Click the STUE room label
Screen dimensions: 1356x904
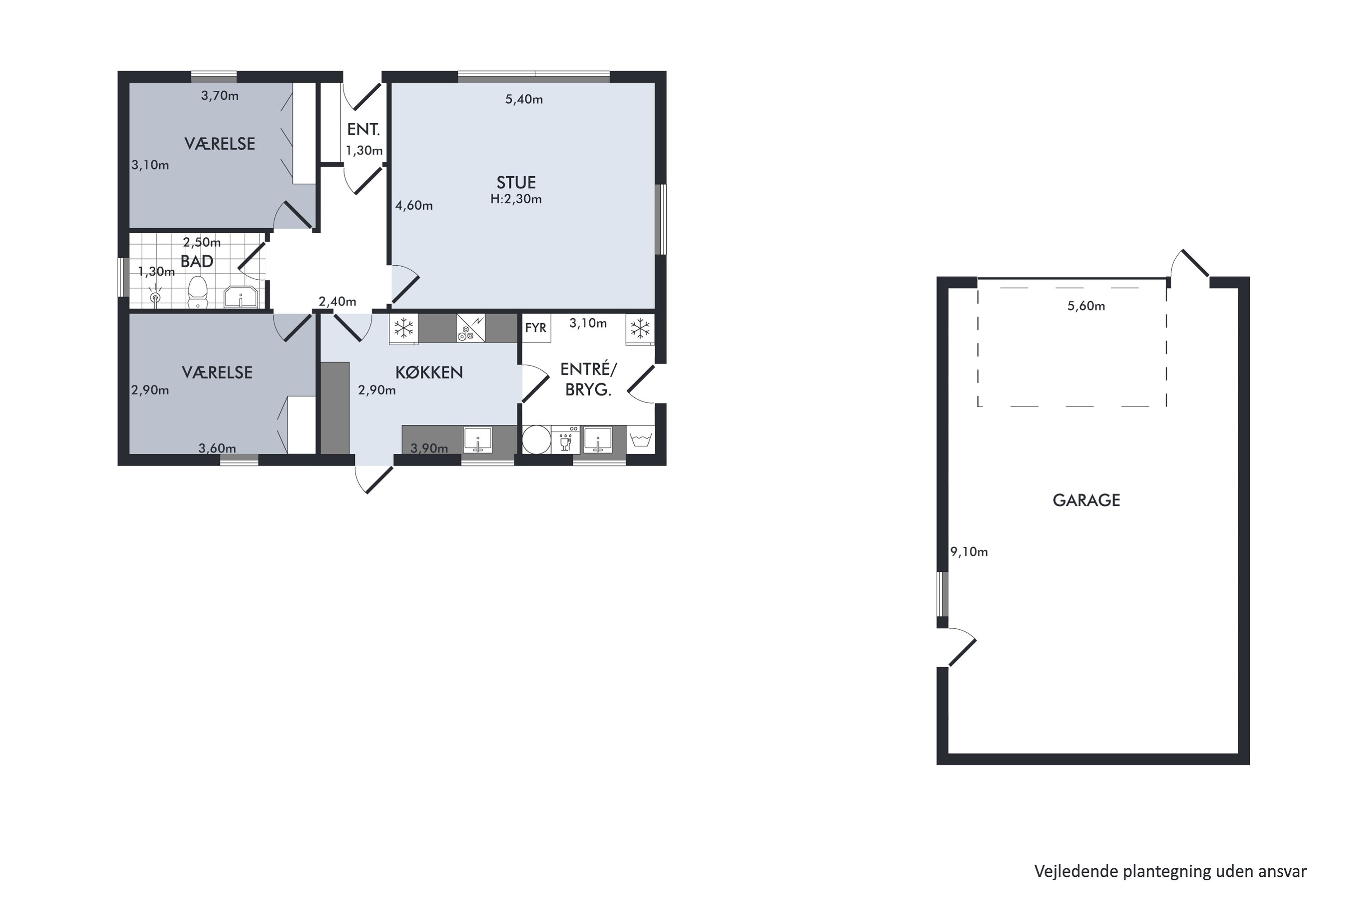point(516,183)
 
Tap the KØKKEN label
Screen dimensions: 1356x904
point(429,372)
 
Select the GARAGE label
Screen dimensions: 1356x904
point(1086,500)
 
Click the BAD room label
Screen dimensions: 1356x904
point(197,261)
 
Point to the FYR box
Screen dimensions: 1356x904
point(536,328)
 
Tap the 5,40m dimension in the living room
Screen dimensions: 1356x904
point(524,99)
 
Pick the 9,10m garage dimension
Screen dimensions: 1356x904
point(969,552)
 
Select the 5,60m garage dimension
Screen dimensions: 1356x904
point(1086,306)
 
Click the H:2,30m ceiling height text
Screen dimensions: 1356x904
point(516,199)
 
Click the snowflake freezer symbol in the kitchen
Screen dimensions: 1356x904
point(404,329)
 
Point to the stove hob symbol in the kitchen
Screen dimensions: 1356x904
point(471,328)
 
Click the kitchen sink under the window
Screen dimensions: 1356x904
point(478,439)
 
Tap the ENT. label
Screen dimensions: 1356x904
point(363,130)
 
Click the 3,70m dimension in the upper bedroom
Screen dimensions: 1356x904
point(220,96)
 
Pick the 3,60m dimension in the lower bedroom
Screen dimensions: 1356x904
point(217,448)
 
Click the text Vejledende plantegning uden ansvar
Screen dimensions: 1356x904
point(1170,871)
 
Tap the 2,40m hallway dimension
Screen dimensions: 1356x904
point(337,301)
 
